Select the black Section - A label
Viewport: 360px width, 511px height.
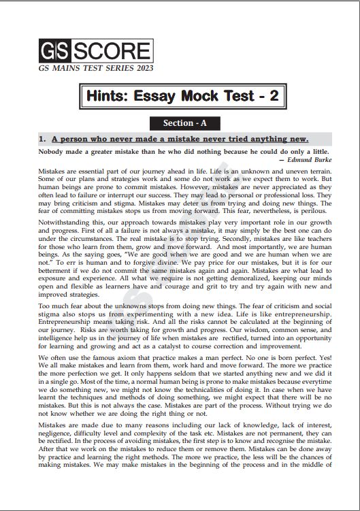pos(180,123)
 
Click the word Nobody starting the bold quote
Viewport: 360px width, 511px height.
pos(53,150)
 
